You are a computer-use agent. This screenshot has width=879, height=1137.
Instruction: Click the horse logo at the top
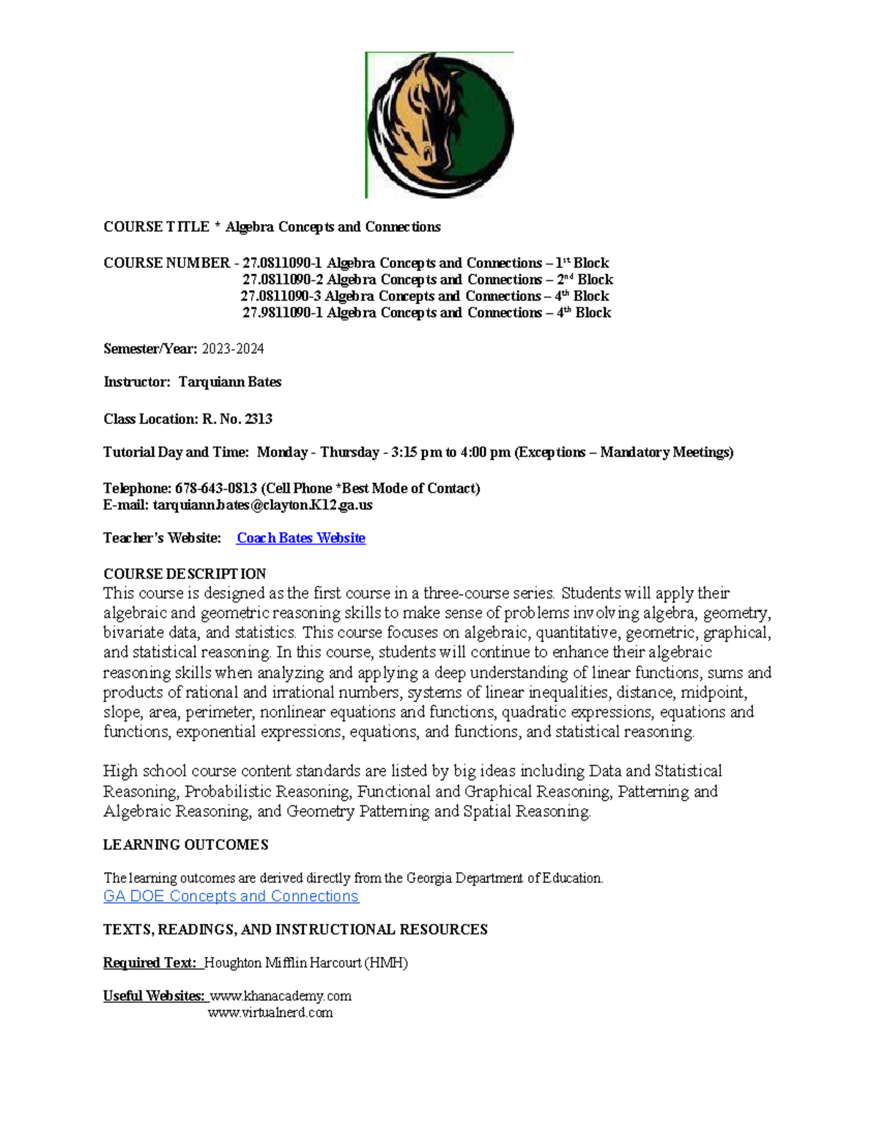pyautogui.click(x=439, y=125)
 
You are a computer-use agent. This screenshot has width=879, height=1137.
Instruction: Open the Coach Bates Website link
pyautogui.click(x=300, y=538)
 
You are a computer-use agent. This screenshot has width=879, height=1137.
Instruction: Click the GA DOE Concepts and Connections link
pyautogui.click(x=231, y=896)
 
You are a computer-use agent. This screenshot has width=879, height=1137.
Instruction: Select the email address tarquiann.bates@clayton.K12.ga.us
pyautogui.click(x=262, y=505)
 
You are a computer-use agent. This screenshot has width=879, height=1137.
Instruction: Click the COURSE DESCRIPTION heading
pyautogui.click(x=185, y=573)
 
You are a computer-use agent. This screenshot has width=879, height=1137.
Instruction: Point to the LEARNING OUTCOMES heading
pyautogui.click(x=185, y=845)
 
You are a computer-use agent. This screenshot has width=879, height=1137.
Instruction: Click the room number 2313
pyautogui.click(x=259, y=420)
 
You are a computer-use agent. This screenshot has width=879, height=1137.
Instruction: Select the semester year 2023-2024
pyautogui.click(x=232, y=349)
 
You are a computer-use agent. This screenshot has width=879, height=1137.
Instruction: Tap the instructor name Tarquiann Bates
pyautogui.click(x=230, y=382)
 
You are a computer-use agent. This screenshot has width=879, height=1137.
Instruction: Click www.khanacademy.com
pyautogui.click(x=281, y=996)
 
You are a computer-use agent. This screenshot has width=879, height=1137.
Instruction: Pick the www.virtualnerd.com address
pyautogui.click(x=270, y=1013)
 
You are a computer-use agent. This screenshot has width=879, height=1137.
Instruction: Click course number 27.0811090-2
pyautogui.click(x=282, y=280)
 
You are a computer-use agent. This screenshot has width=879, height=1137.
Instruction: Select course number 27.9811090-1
pyautogui.click(x=282, y=313)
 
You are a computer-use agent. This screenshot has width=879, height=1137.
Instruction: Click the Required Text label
pyautogui.click(x=151, y=963)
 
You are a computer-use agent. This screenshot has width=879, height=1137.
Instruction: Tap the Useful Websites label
pyautogui.click(x=154, y=996)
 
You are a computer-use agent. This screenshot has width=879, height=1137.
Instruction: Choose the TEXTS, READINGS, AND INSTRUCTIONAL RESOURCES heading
pyautogui.click(x=295, y=930)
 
